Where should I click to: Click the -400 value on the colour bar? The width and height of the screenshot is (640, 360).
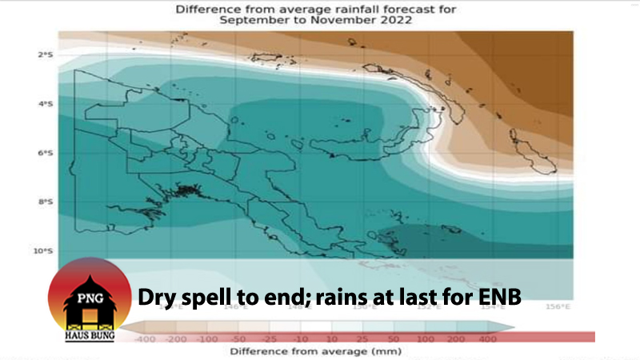146,338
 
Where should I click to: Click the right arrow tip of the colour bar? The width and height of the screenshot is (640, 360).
512,326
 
